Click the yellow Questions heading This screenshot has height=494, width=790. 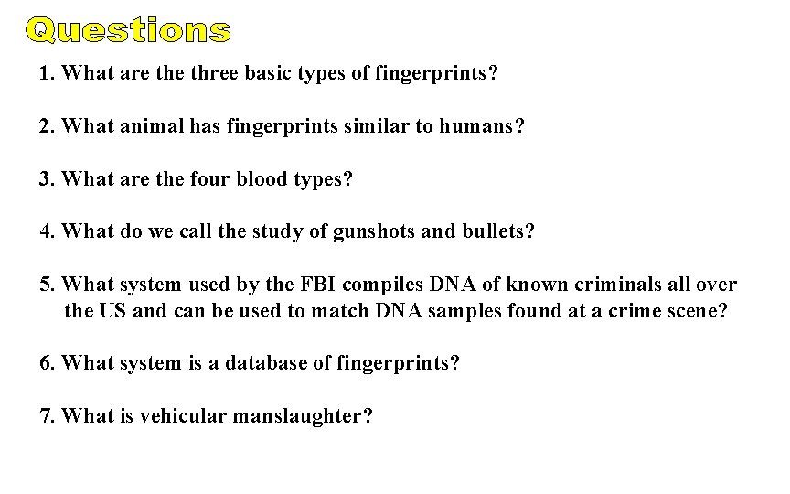[x=128, y=32]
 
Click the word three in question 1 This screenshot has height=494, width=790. [x=215, y=73]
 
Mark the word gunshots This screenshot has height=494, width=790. [x=379, y=232]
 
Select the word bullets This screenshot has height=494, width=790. [x=495, y=232]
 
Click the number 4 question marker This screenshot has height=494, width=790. [x=48, y=232]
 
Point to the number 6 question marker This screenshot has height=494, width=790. [x=48, y=363]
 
